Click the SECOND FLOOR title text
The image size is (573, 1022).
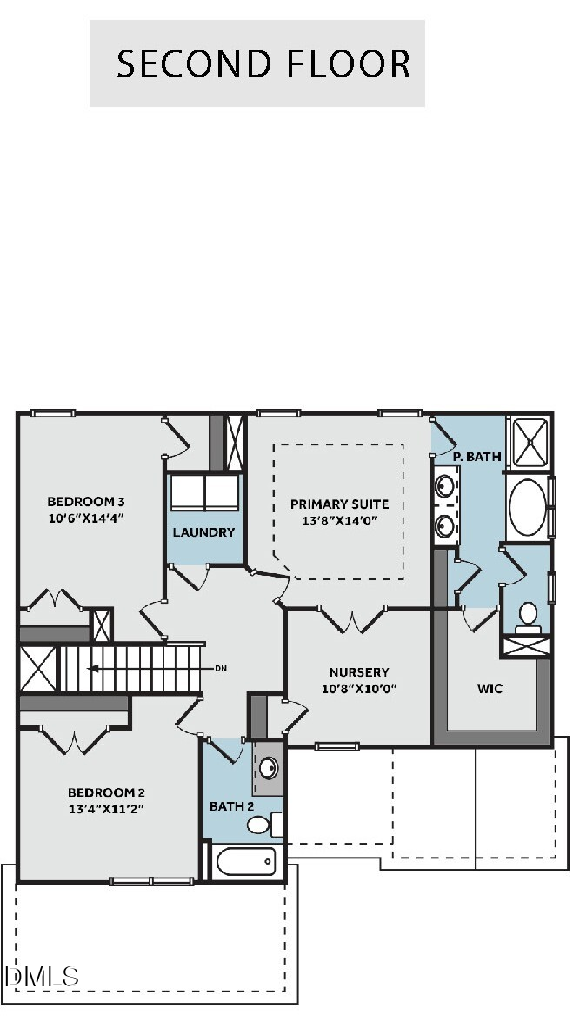click(x=263, y=64)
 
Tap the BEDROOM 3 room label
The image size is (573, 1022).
click(x=86, y=501)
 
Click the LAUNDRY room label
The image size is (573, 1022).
click(x=203, y=531)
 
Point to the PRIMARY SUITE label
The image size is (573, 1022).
click(x=339, y=504)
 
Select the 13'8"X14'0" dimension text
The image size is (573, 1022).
click(x=339, y=521)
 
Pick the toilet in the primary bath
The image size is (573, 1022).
click(x=528, y=615)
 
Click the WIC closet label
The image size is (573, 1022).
click(x=490, y=688)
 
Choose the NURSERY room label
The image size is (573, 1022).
click(x=358, y=672)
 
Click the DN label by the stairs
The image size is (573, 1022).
click(x=221, y=668)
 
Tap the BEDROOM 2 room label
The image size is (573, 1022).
click(x=106, y=792)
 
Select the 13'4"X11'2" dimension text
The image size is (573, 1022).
click(x=106, y=809)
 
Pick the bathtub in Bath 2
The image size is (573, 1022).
click(x=246, y=862)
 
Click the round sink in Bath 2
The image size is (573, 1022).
click(x=269, y=768)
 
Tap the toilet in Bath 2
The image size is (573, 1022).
click(x=261, y=823)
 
